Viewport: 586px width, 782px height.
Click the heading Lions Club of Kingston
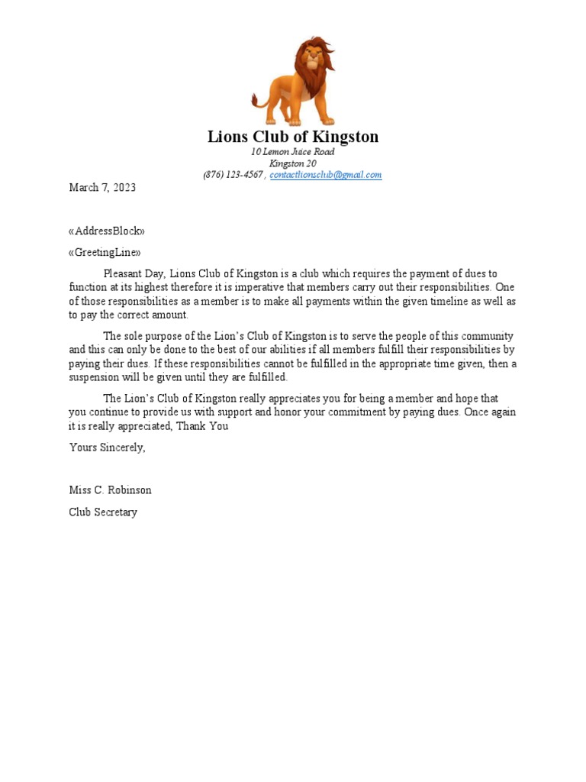[293, 137]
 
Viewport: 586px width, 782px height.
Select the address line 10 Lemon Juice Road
[293, 152]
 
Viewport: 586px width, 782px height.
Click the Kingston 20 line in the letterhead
[293, 163]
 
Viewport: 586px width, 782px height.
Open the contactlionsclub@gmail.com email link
[326, 175]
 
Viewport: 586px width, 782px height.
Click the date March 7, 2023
[102, 188]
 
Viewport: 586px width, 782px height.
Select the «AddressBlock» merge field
[106, 231]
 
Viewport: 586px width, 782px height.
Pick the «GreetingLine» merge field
[105, 253]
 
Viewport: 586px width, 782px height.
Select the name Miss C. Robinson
[110, 490]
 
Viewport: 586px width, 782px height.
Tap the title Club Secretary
[103, 512]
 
